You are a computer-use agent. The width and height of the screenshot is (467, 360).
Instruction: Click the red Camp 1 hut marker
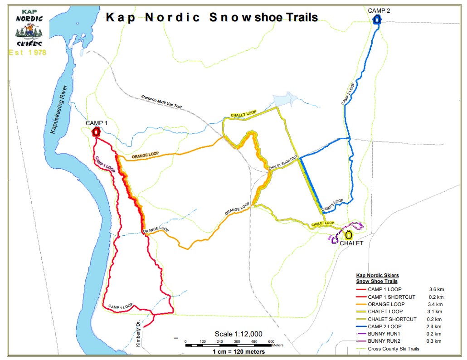(96, 132)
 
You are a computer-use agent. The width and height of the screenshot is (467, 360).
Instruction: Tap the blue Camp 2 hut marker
(377, 20)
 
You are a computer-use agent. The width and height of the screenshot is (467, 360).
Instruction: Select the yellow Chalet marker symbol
(349, 235)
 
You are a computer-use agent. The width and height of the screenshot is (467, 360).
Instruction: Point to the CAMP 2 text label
(379, 10)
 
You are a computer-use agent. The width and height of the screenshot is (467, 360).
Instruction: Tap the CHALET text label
(352, 243)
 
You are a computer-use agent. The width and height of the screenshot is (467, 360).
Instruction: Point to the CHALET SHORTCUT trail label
(283, 164)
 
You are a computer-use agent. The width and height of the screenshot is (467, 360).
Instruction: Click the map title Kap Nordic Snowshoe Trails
(212, 18)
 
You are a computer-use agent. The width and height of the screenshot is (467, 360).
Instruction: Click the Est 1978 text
(28, 53)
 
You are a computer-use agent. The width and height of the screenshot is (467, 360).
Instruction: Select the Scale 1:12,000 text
(238, 334)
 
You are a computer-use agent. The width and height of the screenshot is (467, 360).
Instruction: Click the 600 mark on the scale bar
(271, 341)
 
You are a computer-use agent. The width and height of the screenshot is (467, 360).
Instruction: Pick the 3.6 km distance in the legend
(436, 289)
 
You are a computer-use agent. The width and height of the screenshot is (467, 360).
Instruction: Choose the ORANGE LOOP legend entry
(386, 304)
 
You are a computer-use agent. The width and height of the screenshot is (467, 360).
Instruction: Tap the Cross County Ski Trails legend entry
(394, 349)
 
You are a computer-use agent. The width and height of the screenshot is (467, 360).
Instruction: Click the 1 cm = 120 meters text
(238, 351)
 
